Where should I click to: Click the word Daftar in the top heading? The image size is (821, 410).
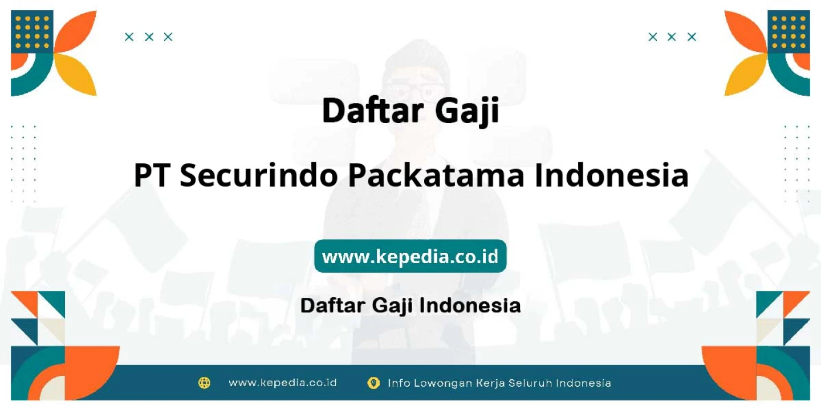[x=373, y=110]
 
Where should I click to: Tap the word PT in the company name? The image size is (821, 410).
[x=152, y=175]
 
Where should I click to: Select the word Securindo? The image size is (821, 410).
[x=259, y=175]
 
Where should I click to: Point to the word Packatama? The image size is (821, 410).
[x=436, y=175]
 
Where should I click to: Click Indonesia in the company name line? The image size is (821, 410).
[x=612, y=175]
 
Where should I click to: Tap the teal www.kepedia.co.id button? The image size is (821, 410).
[x=410, y=256]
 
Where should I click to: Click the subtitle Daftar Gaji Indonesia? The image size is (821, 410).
[x=410, y=305]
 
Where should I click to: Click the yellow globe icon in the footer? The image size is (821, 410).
[x=204, y=383]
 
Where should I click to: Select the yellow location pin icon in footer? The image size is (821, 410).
[x=373, y=383]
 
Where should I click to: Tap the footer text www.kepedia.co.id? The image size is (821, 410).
[x=283, y=383]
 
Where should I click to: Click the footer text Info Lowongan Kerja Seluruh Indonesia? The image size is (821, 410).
[x=499, y=383]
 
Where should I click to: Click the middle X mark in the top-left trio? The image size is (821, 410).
[x=149, y=37]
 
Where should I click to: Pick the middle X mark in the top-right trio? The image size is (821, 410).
[x=672, y=37]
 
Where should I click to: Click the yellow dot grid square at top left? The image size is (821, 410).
[x=32, y=32]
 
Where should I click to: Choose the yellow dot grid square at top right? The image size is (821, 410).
[x=789, y=32]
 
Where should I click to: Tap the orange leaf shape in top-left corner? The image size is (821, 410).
[x=77, y=31]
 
